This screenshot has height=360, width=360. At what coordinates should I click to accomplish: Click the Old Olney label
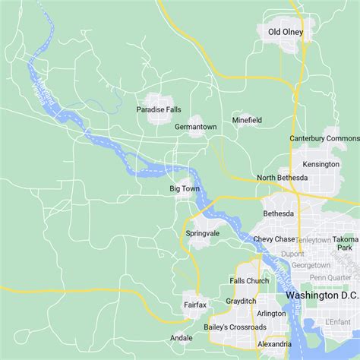tap(286, 32)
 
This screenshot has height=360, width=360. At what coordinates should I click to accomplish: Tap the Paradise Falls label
tap(159, 109)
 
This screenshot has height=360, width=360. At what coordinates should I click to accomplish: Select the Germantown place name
tap(196, 127)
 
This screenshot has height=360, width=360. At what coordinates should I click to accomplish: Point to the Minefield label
tap(247, 120)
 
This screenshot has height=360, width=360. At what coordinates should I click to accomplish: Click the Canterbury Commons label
tap(324, 138)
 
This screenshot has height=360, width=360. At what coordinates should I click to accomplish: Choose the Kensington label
tap(321, 164)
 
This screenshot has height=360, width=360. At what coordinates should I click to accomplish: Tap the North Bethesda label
tap(283, 178)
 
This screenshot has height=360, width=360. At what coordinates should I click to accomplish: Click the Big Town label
tap(185, 188)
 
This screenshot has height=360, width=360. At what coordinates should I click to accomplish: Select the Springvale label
tap(202, 233)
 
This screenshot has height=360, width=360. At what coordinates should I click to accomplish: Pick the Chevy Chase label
tap(273, 239)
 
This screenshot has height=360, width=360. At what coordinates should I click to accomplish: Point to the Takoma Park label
tap(346, 243)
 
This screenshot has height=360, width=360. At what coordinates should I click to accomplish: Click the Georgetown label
tap(311, 266)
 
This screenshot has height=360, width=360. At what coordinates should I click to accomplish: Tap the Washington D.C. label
tap(322, 295)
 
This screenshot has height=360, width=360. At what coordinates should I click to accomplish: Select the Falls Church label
tap(249, 281)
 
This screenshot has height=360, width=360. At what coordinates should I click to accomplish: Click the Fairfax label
tap(195, 305)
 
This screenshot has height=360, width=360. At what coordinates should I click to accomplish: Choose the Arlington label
tap(271, 314)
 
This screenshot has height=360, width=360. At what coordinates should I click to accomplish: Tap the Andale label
tap(182, 338)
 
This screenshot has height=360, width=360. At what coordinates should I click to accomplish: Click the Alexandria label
tap(273, 344)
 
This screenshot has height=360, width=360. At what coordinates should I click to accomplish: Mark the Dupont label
tap(292, 254)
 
